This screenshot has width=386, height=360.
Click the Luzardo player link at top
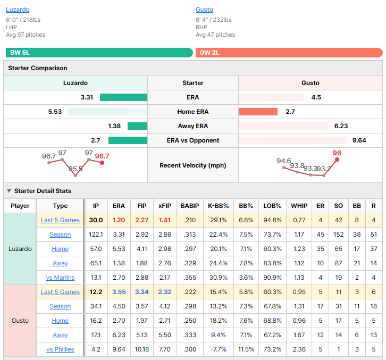click(x=18, y=10)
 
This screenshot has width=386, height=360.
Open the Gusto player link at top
click(x=204, y=10)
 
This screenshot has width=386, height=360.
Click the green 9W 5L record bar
click(x=99, y=53)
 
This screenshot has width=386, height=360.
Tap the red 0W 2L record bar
click(x=289, y=53)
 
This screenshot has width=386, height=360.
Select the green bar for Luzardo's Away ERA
click(x=137, y=126)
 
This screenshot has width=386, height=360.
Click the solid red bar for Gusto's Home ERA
click(x=258, y=112)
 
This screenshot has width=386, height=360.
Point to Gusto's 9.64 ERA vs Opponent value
click(x=359, y=140)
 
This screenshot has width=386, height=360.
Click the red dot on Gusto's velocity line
click(x=337, y=160)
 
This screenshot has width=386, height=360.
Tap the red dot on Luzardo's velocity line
click(x=102, y=163)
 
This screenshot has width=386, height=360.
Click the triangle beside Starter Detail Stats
click(x=9, y=191)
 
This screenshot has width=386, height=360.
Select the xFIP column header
click(x=165, y=206)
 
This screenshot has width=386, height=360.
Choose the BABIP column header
click(x=190, y=206)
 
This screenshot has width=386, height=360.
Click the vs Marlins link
click(x=60, y=278)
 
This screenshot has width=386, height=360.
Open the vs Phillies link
click(x=60, y=349)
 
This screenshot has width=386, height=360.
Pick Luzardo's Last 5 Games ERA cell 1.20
click(x=119, y=220)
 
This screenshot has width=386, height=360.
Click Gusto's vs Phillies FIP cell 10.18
click(x=142, y=349)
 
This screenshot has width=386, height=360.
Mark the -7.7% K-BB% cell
click(x=219, y=349)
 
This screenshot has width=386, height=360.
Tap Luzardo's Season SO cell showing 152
click(x=339, y=235)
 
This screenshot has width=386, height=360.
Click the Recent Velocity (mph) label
click(x=193, y=165)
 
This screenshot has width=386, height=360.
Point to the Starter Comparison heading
click(x=38, y=68)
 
